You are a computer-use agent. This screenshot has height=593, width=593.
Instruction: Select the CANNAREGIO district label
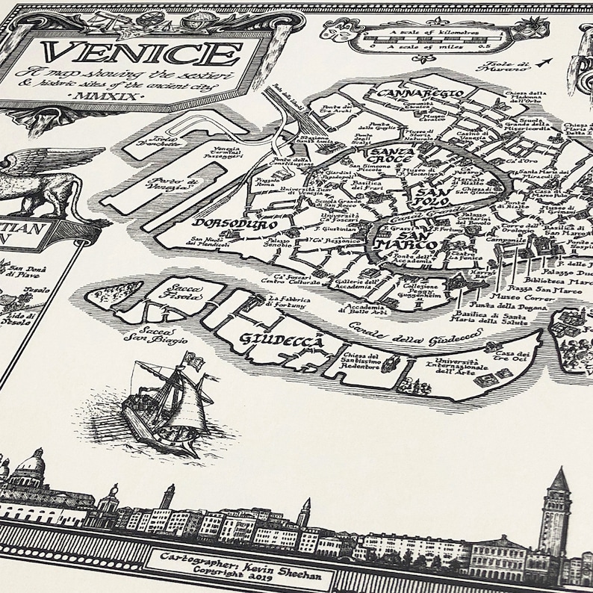pyautogui.click(x=421, y=94)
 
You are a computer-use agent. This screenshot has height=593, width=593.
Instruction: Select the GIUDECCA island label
pyautogui.click(x=283, y=341)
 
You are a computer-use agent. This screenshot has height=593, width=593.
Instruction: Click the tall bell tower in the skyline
pyautogui.click(x=555, y=515)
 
